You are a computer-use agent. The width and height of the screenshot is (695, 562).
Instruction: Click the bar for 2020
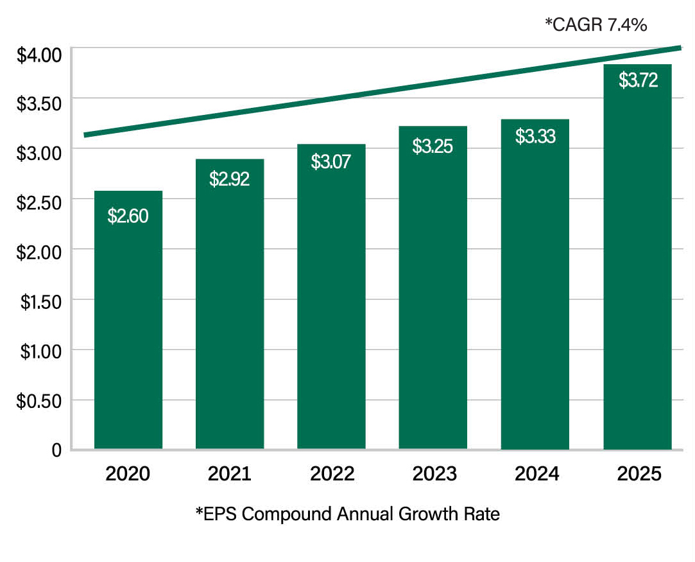pyautogui.click(x=128, y=320)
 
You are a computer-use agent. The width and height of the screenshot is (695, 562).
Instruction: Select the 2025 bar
pyautogui.click(x=637, y=257)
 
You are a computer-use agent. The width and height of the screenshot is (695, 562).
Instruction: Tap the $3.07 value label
pyautogui.click(x=330, y=161)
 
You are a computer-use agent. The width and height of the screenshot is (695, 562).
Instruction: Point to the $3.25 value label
pyautogui.click(x=433, y=146)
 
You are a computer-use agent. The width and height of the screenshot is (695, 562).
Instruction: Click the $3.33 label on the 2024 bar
pyautogui.click(x=535, y=136)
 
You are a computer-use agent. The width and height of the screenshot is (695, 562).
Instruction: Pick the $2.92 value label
pyautogui.click(x=229, y=179)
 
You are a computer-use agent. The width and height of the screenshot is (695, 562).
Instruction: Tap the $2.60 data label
pyautogui.click(x=128, y=216)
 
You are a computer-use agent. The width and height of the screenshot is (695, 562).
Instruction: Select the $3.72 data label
pyautogui.click(x=639, y=80)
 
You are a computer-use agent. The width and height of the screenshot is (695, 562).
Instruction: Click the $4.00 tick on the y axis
pyautogui.click(x=39, y=55)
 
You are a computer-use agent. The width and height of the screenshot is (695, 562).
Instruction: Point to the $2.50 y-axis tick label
pyautogui.click(x=39, y=203)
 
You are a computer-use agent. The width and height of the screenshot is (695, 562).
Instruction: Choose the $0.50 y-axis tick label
pyautogui.click(x=39, y=401)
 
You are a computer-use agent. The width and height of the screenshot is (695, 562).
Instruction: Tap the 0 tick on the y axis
pyautogui.click(x=56, y=450)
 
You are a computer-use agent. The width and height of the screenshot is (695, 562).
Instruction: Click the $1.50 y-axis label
pyautogui.click(x=41, y=302)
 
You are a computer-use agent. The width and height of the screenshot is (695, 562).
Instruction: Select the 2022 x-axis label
pyautogui.click(x=332, y=474)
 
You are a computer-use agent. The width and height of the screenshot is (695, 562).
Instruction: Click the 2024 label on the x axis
pyautogui.click(x=536, y=474)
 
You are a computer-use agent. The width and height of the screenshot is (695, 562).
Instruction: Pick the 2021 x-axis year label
pyautogui.click(x=230, y=474)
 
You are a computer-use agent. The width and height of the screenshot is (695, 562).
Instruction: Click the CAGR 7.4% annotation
pyautogui.click(x=596, y=24)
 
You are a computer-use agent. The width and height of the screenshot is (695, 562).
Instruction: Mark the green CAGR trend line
pyautogui.click(x=382, y=91)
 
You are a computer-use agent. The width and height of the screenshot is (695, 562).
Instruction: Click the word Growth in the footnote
pyautogui.click(x=428, y=514)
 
